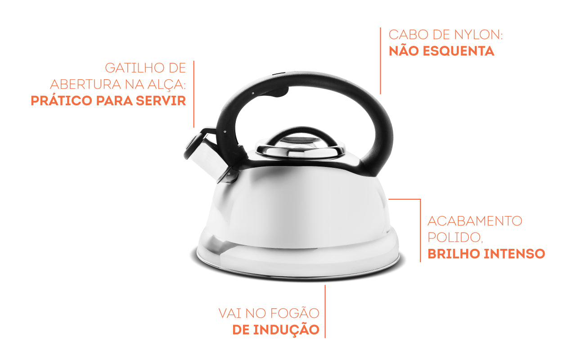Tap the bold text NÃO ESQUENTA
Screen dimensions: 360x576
click(441, 51)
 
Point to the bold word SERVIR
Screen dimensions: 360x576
click(163, 101)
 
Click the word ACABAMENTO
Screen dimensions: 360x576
click(475, 221)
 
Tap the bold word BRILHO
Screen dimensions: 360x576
click(454, 254)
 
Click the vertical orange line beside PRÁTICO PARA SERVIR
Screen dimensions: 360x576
click(194, 94)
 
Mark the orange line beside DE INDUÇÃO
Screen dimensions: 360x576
click(325, 310)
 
